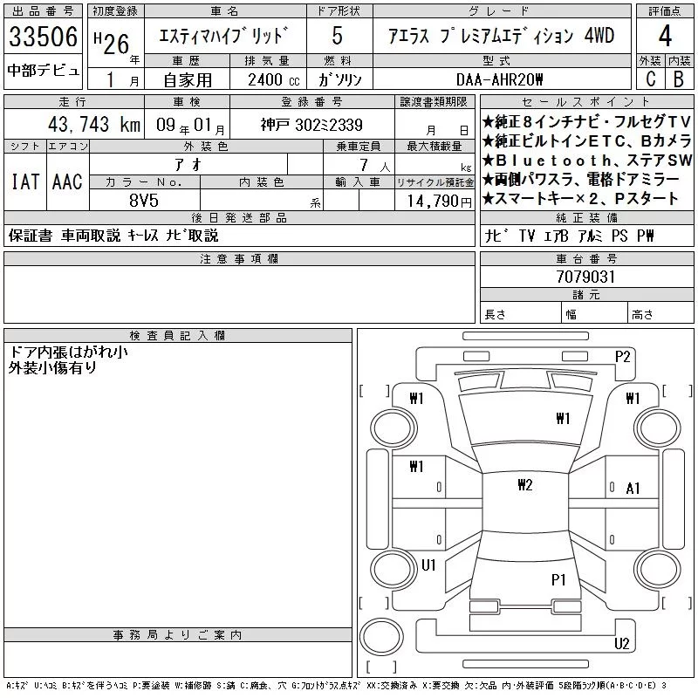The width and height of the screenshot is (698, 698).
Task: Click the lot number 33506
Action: [43, 37]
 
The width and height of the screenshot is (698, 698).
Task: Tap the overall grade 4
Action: [665, 36]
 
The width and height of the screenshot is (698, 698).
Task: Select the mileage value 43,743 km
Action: [94, 125]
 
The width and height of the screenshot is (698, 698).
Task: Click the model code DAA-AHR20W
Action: [499, 79]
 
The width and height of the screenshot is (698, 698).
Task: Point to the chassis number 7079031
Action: [585, 277]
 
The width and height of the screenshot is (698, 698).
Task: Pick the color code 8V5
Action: [144, 201]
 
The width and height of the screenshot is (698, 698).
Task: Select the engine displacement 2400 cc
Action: [273, 80]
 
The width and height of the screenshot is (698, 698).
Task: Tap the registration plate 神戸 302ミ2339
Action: [311, 125]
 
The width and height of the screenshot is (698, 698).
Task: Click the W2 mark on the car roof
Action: [525, 485]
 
